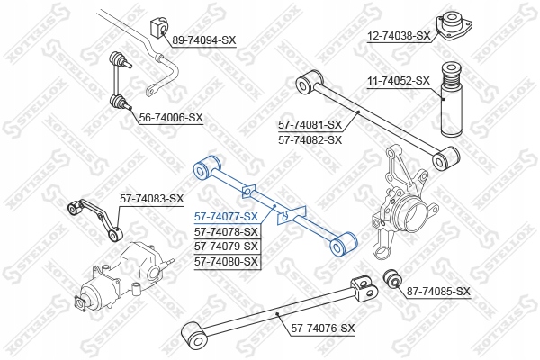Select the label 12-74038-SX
click(400, 35)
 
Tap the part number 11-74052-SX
click(399, 81)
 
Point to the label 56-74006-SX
click(171, 118)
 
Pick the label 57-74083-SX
click(152, 198)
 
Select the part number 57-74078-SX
click(226, 231)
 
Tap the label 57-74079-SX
click(226, 246)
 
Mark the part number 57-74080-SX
click(226, 261)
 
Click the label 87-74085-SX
click(438, 291)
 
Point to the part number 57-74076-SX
click(322, 328)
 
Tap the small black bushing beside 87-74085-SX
click(391, 278)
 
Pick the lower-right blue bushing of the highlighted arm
click(347, 241)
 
